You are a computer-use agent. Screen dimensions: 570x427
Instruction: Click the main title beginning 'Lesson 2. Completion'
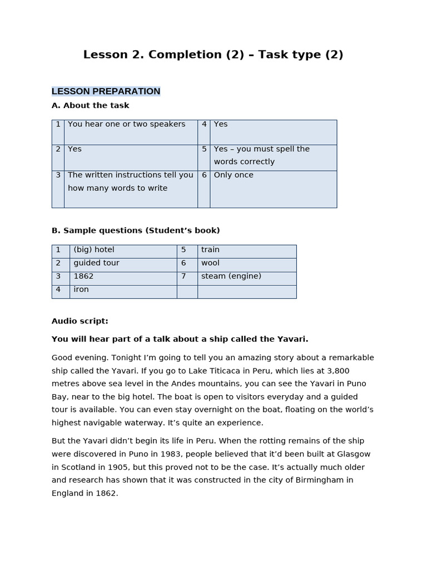[x=213, y=55]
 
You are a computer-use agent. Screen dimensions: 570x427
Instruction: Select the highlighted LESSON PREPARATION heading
[x=106, y=91]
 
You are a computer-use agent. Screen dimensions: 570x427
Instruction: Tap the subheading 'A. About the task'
[x=90, y=105]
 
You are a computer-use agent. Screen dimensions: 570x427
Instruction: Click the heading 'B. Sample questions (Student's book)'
[x=136, y=230]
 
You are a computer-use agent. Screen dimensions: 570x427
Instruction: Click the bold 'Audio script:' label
[x=80, y=321]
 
